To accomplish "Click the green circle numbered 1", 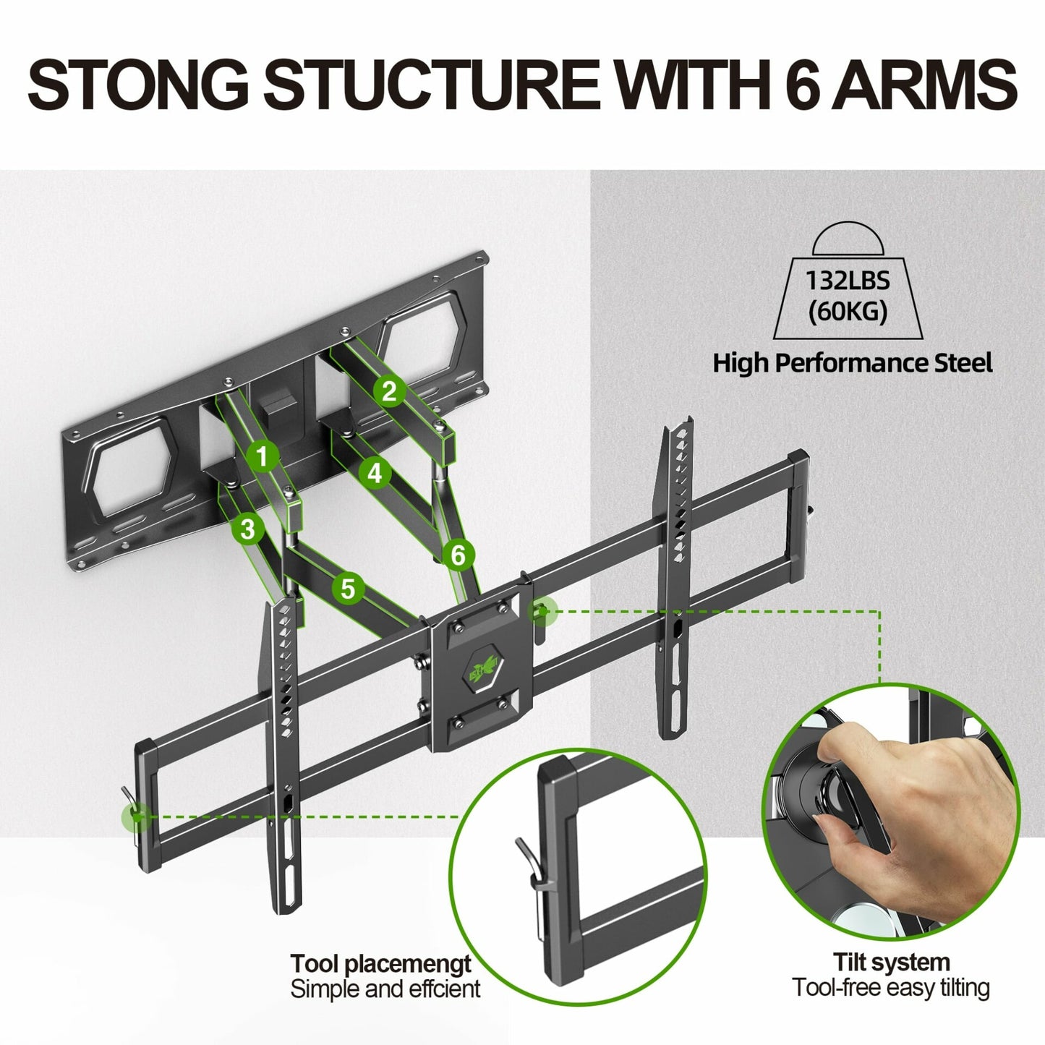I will [263, 456].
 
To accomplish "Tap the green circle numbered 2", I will [390, 391].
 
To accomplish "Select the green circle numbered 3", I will [248, 529].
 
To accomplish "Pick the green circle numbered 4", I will [375, 473].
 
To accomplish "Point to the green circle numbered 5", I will [348, 589].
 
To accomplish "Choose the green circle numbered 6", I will [458, 555].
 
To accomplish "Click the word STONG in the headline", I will [137, 85].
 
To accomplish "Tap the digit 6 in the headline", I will [801, 85].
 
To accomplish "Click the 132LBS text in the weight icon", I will [848, 281].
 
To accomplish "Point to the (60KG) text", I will [848, 312].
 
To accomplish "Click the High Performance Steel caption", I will [852, 363].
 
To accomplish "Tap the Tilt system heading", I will [891, 963].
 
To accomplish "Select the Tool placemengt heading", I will [380, 964].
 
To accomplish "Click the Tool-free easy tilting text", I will [891, 988].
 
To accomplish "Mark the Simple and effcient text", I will [385, 989].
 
